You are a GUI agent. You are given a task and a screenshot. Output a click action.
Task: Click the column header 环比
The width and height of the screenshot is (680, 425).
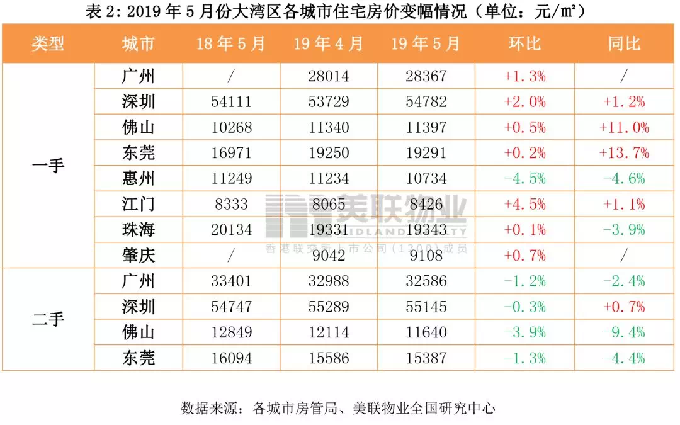524,43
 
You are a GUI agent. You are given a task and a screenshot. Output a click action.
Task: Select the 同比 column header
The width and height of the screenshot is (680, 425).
624,43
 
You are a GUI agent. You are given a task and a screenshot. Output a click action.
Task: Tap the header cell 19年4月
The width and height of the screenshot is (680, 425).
328,43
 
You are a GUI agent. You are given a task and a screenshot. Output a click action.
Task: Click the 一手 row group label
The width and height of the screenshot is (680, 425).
48,166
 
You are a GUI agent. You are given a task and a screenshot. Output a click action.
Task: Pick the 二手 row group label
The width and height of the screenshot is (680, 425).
48,320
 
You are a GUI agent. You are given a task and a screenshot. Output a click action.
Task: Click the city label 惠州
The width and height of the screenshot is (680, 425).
139,179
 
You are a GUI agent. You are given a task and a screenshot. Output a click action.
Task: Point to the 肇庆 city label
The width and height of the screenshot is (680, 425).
139,256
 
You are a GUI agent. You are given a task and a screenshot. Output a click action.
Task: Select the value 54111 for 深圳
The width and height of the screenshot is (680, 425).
231,102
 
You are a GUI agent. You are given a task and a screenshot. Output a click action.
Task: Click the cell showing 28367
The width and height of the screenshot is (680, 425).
426,76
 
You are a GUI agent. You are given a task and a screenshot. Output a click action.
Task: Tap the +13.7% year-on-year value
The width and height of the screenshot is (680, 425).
624,153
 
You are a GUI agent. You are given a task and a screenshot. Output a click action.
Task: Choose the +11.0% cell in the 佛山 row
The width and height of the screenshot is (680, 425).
624,128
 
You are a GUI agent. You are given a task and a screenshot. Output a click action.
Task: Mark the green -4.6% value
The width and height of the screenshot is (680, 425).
624,179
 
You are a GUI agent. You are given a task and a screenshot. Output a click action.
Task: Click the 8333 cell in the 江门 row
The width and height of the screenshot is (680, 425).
231,205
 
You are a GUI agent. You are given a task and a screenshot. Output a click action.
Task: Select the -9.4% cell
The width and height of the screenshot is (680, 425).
624,332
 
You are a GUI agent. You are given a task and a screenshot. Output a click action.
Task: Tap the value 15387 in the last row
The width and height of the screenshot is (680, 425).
426,358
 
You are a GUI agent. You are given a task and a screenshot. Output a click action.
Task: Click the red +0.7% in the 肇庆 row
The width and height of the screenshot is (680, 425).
524,256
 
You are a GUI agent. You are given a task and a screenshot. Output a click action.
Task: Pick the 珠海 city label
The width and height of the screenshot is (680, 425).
139,230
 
